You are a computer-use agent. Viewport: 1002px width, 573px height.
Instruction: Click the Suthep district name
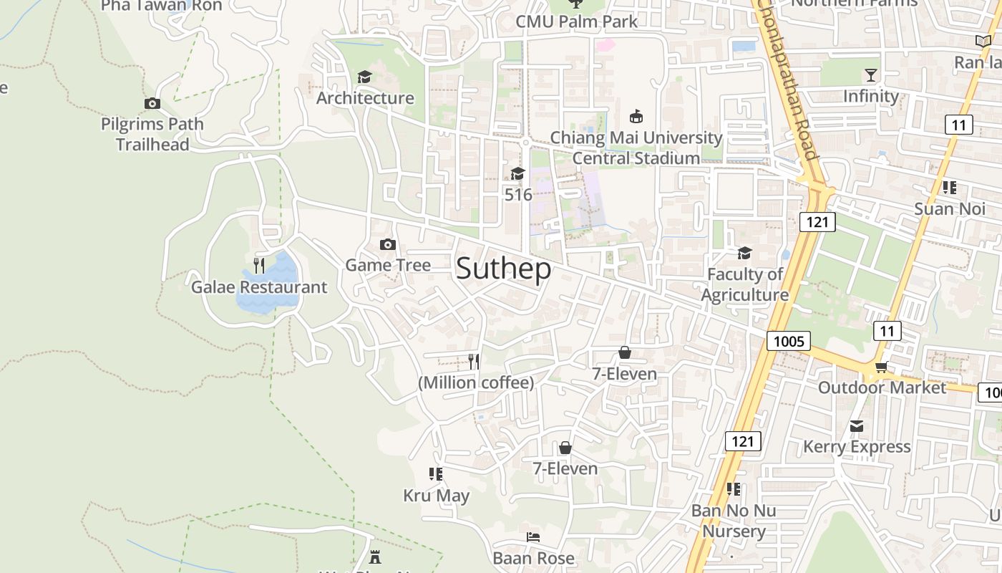click(503, 269)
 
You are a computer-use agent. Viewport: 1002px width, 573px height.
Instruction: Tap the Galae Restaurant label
click(258, 287)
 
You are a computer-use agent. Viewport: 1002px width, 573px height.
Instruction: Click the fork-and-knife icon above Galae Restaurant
click(259, 266)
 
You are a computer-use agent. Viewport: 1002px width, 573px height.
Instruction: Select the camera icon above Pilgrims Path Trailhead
click(152, 104)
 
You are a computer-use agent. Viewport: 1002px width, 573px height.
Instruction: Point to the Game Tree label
click(388, 265)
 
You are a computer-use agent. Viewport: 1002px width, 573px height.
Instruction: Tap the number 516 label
click(518, 194)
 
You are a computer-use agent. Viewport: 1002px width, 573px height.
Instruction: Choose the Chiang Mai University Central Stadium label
click(636, 148)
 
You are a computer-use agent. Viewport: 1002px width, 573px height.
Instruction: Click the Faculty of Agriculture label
click(744, 284)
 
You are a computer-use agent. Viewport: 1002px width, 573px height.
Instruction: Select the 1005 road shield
click(789, 341)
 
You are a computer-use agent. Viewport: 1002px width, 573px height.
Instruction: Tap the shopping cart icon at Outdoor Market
click(881, 367)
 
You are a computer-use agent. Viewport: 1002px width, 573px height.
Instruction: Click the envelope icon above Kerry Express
click(856, 427)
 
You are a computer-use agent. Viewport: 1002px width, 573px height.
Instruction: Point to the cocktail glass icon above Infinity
click(870, 75)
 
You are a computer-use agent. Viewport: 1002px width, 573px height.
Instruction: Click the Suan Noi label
click(948, 208)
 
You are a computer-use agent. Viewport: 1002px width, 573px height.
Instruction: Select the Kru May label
click(436, 496)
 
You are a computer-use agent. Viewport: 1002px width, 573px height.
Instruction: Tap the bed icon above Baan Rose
click(532, 536)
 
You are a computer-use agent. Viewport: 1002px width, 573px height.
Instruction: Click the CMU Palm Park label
click(576, 21)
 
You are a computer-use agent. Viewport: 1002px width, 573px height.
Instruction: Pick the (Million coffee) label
click(476, 382)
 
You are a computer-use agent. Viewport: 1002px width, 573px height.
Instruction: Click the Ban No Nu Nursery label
click(733, 521)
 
